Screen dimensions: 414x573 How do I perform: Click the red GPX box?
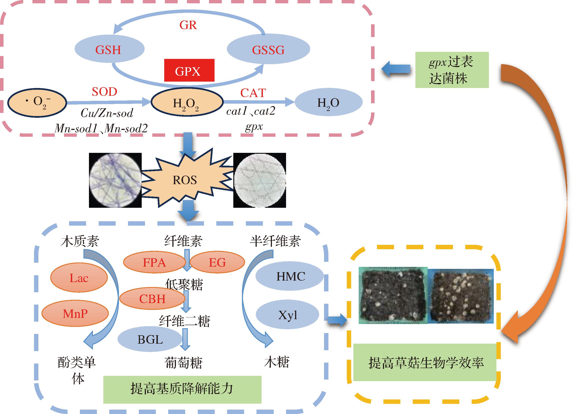pos(189,70)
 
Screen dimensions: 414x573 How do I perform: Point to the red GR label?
pos(188,25)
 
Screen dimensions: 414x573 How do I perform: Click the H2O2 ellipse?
pos(187,102)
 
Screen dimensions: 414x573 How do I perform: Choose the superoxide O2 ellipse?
pos(37,102)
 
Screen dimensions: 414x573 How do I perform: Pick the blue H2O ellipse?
pos(328,102)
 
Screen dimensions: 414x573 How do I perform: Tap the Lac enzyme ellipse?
pos(79,278)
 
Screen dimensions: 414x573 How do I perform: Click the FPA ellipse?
pos(154,262)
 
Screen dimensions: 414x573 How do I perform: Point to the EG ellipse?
pos(217,262)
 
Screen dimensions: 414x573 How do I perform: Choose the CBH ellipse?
pos(152,299)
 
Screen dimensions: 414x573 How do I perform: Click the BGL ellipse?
pos(150,339)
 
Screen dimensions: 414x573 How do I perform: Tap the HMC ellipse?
pos(290,276)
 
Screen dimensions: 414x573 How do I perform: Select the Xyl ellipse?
pos(288,315)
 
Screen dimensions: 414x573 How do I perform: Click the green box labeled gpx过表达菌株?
pos(452,70)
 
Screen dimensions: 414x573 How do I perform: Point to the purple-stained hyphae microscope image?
pos(115,180)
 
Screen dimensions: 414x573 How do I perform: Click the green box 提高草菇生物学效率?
pos(426,363)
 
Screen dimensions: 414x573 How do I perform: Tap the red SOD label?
pos(104,92)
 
